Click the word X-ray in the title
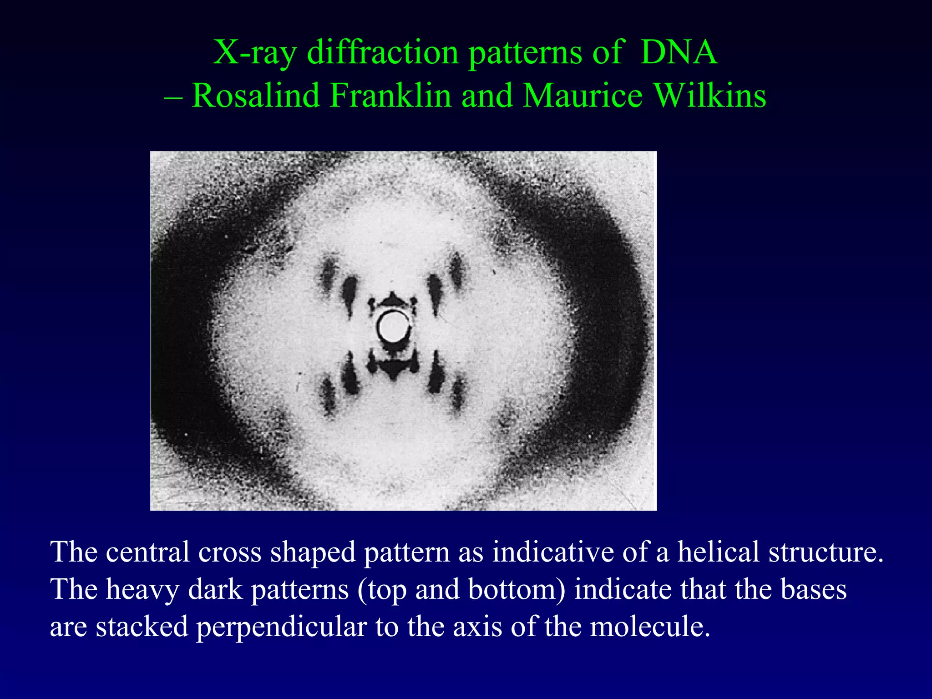tap(255, 53)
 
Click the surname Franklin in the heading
tap(390, 96)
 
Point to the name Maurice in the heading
tap(582, 96)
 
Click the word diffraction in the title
tap(382, 53)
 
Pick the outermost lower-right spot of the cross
tap(457, 394)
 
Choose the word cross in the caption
tap(230, 552)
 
